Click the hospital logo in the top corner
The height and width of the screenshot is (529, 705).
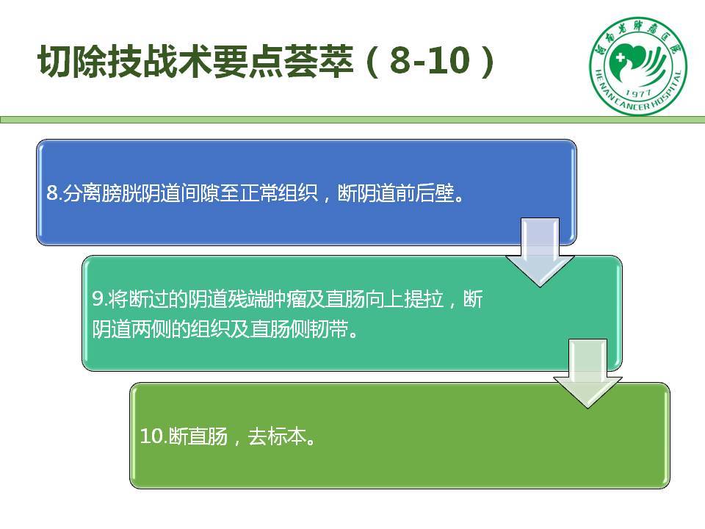[x=638, y=65]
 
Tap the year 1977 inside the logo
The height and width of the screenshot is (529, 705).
[x=638, y=93]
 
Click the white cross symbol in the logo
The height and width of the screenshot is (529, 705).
[x=621, y=58]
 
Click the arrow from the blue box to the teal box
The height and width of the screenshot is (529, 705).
[x=540, y=252]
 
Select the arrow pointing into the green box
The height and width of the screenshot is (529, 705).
[x=587, y=373]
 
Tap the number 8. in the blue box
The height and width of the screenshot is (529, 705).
[x=54, y=193]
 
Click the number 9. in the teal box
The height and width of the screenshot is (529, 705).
[x=99, y=300]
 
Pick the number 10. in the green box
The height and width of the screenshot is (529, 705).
[x=153, y=436]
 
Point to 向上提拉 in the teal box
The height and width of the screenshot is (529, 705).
[x=404, y=300]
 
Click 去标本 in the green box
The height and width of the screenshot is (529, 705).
[x=277, y=436]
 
